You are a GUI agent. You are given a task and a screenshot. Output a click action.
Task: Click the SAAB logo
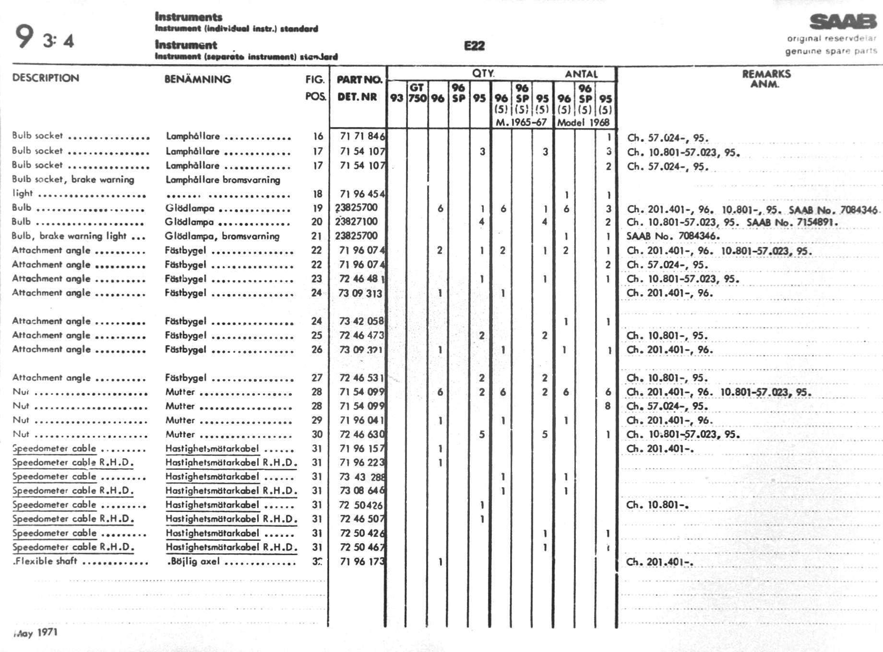tap(843, 22)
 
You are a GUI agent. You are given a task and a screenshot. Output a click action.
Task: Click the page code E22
tap(474, 46)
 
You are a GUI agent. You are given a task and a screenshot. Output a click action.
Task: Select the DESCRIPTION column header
tap(46, 78)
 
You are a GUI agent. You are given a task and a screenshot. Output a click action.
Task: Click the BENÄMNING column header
tap(198, 79)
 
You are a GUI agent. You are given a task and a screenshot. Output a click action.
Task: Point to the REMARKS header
tap(766, 74)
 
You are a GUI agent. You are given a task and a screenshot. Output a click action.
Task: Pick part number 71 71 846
tap(362, 136)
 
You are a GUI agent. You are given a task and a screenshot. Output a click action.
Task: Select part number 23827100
tap(357, 221)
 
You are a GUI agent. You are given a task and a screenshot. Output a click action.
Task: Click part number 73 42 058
tap(361, 321)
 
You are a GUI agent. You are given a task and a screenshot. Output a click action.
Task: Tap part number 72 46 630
tap(361, 434)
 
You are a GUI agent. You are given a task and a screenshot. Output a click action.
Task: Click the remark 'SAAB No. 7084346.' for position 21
tap(672, 236)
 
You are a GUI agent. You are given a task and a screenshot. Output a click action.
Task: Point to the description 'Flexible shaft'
tap(45, 561)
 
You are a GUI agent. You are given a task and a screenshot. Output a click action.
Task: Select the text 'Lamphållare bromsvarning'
tap(223, 180)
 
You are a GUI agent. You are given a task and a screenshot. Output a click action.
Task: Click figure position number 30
tap(317, 434)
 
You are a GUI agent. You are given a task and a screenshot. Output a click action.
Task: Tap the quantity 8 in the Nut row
tap(608, 406)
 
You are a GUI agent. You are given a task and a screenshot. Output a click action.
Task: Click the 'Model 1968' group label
tap(583, 122)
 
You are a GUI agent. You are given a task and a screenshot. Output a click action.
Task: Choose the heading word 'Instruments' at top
tap(189, 17)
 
